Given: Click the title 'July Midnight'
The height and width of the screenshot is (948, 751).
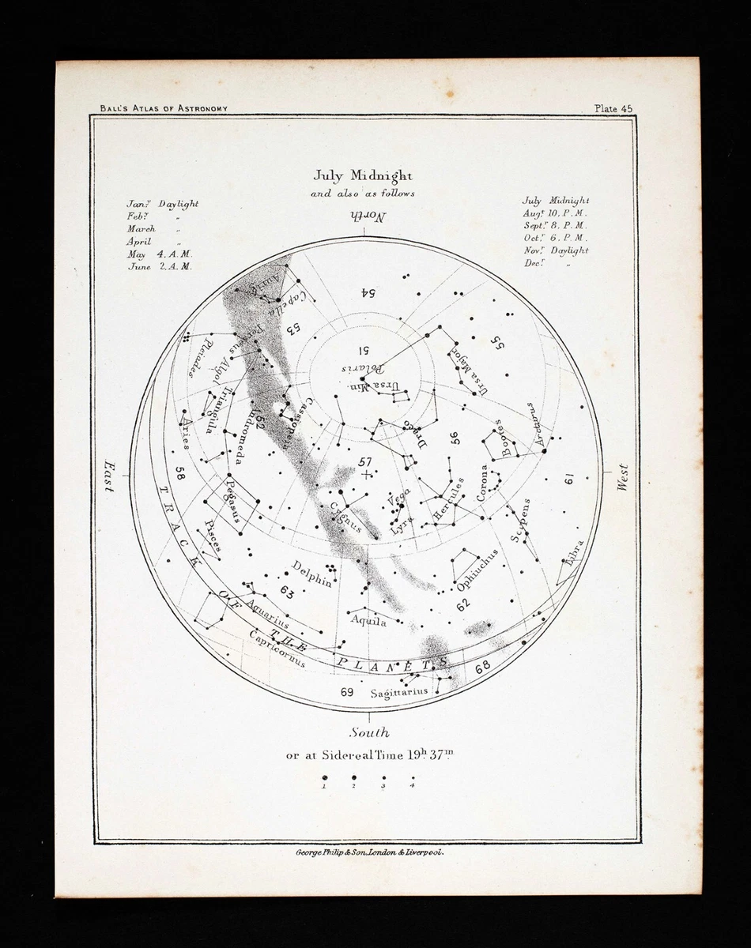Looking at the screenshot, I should (x=363, y=176).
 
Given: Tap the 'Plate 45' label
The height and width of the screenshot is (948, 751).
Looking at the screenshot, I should (x=613, y=109).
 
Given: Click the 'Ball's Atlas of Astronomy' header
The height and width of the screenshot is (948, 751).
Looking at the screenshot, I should (x=164, y=108).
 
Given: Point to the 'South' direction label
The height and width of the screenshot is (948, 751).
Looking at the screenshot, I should (x=369, y=732).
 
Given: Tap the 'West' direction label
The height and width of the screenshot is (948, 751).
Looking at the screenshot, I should (x=623, y=478).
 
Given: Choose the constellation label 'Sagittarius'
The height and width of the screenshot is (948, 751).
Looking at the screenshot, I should (x=398, y=692).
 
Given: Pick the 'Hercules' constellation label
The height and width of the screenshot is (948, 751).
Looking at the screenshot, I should (x=449, y=504).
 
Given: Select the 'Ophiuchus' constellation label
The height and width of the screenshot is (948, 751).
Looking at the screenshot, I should (x=477, y=569).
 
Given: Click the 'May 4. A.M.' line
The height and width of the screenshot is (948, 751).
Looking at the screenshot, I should (x=159, y=254).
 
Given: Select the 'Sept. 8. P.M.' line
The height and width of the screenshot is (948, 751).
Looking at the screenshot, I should (x=554, y=225).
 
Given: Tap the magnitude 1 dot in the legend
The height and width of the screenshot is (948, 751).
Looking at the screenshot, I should (x=325, y=777).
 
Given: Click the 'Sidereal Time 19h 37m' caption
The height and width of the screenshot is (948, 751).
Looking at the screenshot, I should (x=369, y=754).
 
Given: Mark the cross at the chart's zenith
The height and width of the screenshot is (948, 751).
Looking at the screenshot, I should (x=365, y=474).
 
